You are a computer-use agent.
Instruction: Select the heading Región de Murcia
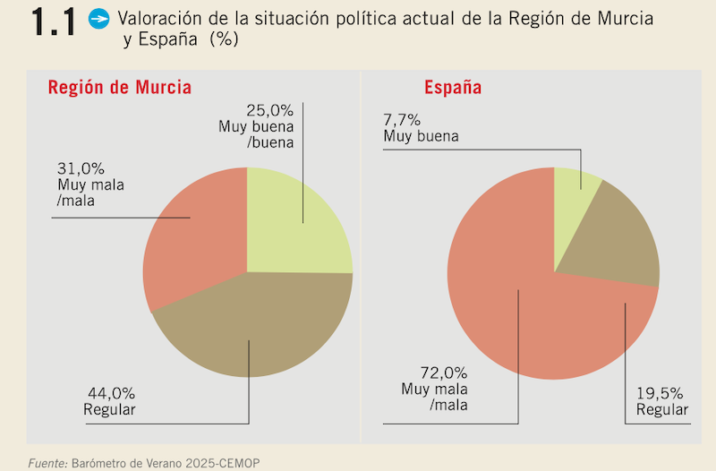point(119,88)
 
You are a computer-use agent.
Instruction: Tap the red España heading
point(453,88)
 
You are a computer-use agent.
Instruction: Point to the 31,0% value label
point(80,168)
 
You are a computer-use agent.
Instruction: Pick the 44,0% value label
point(111,393)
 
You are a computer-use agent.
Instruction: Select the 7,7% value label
point(403,120)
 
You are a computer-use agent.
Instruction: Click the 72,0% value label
point(445,373)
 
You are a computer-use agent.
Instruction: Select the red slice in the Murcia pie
point(192,237)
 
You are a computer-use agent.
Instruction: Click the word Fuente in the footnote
point(46,462)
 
